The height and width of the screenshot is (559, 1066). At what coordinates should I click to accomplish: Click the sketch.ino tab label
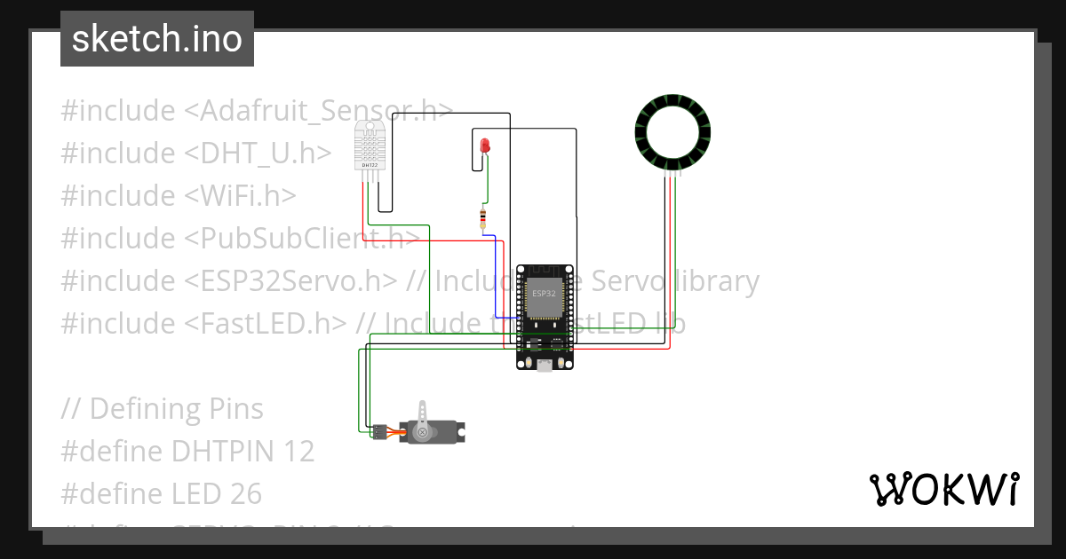point(157,39)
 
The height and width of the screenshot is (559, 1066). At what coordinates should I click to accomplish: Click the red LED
point(485,146)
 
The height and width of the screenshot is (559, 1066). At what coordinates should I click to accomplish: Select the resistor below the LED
point(483,217)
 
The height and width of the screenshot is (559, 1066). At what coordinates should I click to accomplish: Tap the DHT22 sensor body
point(370,145)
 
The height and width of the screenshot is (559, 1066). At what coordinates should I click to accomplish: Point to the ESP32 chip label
point(544,293)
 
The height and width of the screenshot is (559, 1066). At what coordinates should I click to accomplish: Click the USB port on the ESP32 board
point(545,365)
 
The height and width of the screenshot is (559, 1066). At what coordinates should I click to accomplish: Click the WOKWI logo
point(943,489)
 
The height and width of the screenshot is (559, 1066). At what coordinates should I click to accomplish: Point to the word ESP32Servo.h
point(291,281)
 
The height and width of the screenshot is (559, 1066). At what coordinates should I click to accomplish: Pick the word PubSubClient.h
point(302,239)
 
